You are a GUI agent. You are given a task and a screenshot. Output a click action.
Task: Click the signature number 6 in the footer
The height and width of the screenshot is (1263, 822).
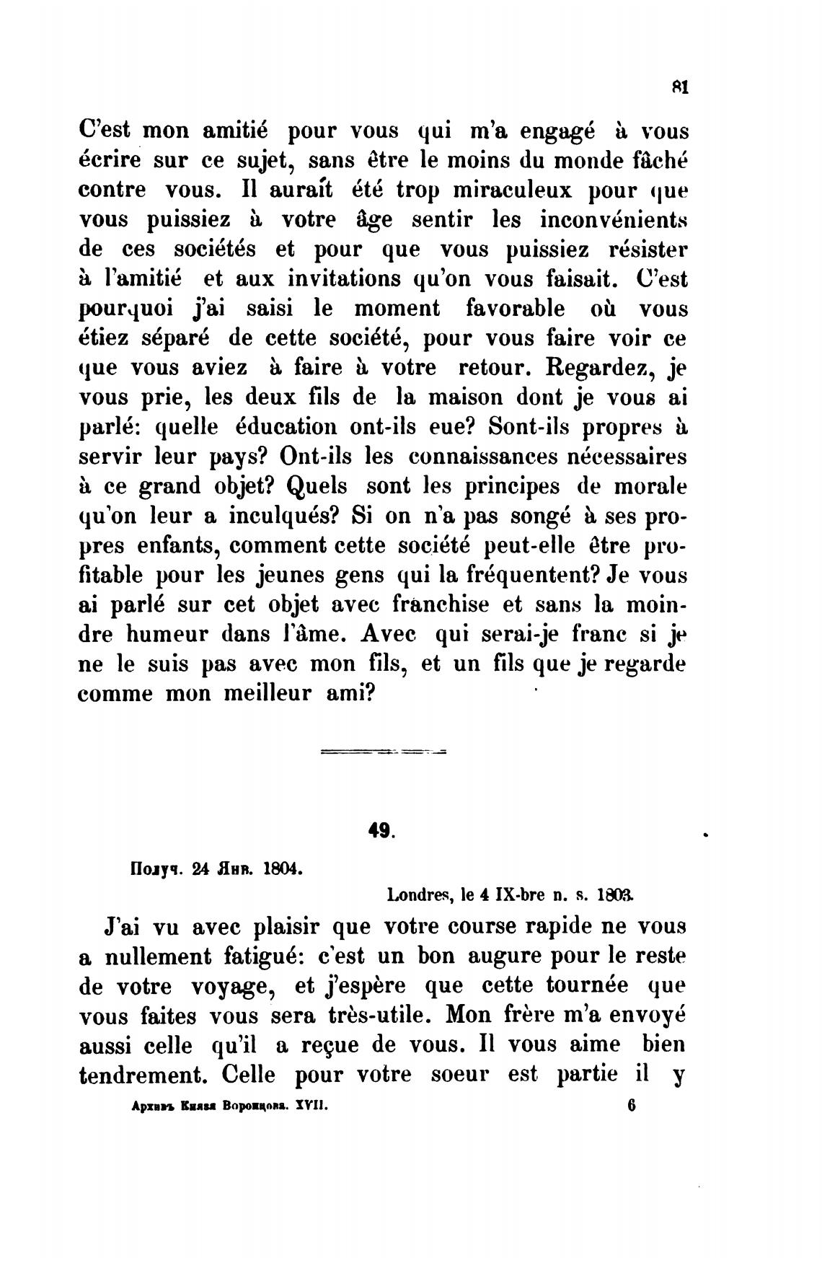(631, 1105)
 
